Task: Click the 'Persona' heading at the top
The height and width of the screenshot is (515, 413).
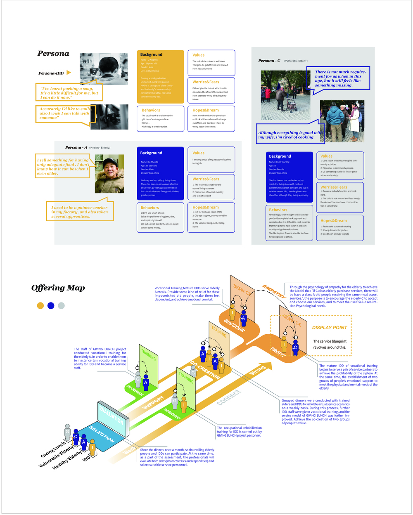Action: point(53,53)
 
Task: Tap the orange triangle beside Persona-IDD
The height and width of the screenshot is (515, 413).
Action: point(69,73)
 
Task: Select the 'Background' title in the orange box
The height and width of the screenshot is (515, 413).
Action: point(151,54)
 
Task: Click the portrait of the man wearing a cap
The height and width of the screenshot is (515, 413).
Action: point(109,174)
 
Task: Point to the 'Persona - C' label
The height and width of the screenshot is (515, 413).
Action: point(269,61)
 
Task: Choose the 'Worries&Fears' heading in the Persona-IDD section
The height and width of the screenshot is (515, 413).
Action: point(206,82)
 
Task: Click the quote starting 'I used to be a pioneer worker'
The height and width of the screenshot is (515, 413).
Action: point(79,212)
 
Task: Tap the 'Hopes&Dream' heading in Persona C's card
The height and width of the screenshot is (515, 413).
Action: point(333,220)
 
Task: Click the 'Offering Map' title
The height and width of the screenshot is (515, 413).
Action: point(58,288)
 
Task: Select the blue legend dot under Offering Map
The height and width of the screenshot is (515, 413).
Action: point(51,306)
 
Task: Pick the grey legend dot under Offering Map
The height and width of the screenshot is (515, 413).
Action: point(61,306)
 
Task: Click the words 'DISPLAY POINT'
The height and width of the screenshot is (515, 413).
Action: point(330,328)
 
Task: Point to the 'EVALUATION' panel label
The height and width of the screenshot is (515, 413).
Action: point(111,414)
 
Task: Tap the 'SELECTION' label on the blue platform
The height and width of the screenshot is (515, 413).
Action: point(102,433)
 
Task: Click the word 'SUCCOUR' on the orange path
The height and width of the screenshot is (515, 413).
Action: point(234,325)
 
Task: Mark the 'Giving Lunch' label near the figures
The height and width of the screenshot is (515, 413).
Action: point(53,450)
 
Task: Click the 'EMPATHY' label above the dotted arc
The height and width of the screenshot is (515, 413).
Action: point(274,291)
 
